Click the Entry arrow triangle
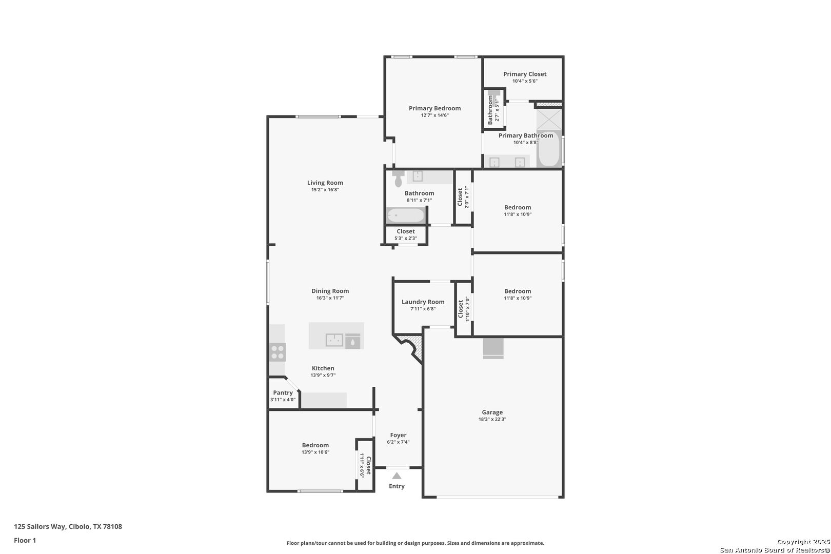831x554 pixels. (397, 476)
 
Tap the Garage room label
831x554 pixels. (492, 412)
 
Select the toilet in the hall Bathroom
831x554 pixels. (398, 179)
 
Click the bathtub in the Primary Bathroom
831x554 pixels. (549, 149)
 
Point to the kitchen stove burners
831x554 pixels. (278, 352)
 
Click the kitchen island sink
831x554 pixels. (334, 340)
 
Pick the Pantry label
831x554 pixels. (283, 392)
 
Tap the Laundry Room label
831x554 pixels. (423, 302)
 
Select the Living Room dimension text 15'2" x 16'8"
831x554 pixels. (325, 190)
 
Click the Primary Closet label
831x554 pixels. (525, 74)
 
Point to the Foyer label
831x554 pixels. (398, 436)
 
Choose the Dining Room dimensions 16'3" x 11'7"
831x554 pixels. (330, 298)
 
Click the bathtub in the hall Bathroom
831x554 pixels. (406, 215)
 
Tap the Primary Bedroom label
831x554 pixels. (435, 108)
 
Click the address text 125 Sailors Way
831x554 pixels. (40, 526)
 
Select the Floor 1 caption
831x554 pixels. (25, 540)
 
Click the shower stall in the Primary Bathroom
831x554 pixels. (549, 119)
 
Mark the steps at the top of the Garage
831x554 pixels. (493, 348)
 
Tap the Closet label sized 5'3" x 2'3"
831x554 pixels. (405, 231)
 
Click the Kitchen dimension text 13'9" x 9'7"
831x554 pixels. (323, 375)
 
